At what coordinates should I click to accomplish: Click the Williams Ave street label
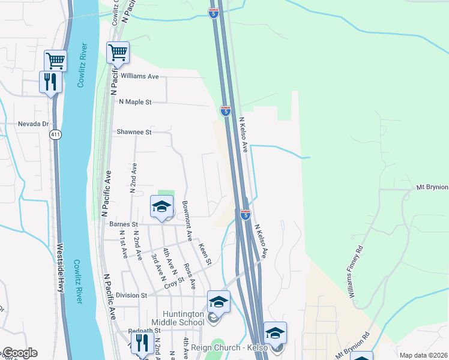(x=139, y=77)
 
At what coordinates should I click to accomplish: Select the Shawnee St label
(x=134, y=132)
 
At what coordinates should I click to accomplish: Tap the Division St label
(x=131, y=295)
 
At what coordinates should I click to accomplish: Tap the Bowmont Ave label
(x=187, y=221)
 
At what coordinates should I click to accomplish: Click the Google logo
(x=20, y=353)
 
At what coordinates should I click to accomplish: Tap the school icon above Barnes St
(x=161, y=208)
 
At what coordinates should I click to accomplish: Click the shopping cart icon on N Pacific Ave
(x=118, y=52)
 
